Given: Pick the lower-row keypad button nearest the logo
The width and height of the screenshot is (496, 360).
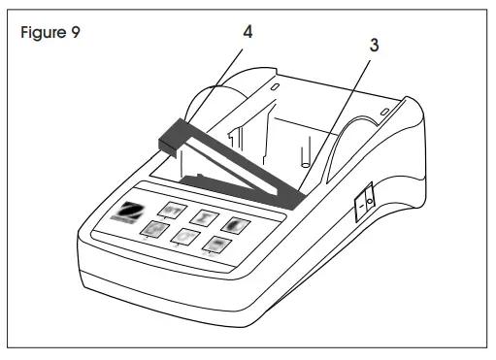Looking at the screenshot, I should tap(152, 229).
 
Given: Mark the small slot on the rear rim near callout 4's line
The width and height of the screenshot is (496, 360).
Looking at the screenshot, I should tap(275, 85).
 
